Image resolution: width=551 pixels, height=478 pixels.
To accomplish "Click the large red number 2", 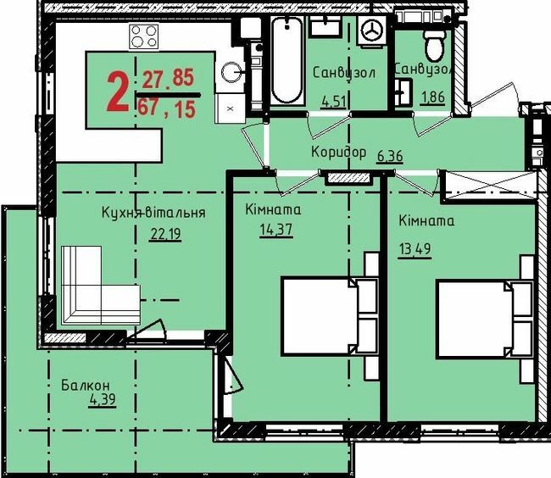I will click(x=117, y=92).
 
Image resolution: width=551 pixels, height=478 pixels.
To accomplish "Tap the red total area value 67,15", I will click(x=169, y=107).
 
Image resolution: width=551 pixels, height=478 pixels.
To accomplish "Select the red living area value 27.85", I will click(x=167, y=81).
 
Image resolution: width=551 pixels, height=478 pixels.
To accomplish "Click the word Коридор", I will click(x=338, y=153).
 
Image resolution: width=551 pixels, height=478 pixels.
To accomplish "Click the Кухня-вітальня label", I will click(x=153, y=212).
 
